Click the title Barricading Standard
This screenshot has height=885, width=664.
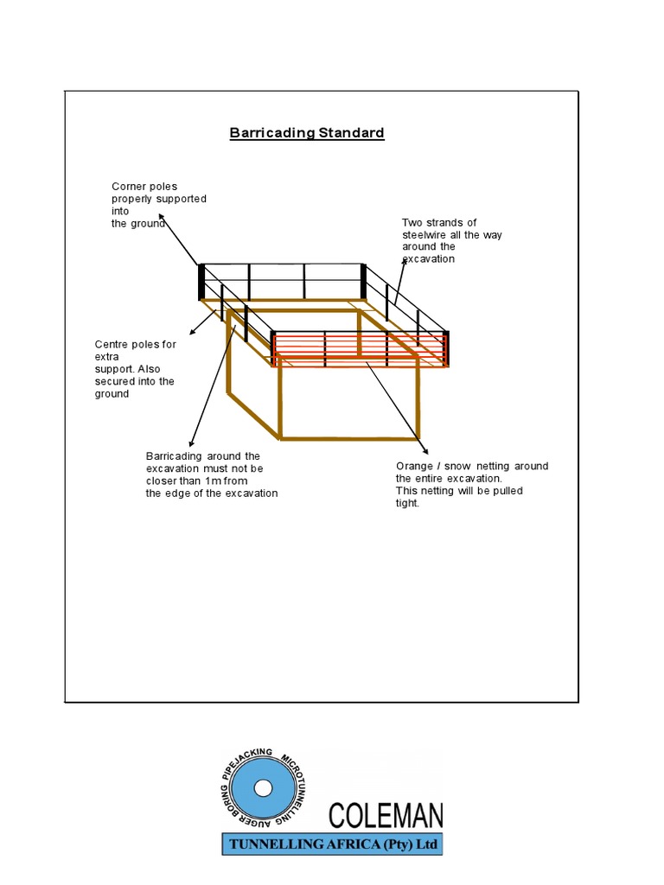306,133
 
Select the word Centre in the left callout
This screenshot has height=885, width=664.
112,344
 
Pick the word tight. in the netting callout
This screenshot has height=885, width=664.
407,503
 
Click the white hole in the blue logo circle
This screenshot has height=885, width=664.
263,789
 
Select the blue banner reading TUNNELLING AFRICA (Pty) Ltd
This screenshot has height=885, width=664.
332,844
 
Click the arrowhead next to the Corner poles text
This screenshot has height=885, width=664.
162,218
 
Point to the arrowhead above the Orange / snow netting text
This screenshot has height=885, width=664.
425,451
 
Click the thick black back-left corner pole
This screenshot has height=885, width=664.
201,281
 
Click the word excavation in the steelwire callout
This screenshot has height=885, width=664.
428,259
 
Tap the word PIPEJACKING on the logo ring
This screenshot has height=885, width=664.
248,760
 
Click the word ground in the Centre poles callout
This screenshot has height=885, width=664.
112,394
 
